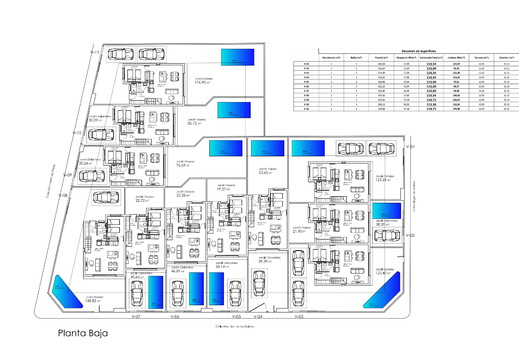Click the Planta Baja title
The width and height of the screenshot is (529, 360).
83,333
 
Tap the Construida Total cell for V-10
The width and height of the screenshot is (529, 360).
431,104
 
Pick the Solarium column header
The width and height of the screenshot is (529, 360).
506,58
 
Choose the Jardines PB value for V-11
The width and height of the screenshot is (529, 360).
457,109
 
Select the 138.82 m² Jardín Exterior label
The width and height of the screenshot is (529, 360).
93,299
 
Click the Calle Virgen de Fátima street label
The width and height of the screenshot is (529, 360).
414,196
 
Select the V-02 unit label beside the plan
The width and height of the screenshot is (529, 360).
411,235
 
